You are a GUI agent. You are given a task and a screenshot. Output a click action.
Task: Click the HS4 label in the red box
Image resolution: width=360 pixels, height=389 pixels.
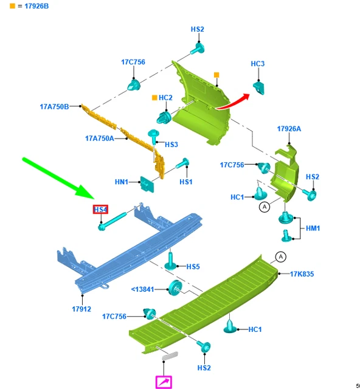100,210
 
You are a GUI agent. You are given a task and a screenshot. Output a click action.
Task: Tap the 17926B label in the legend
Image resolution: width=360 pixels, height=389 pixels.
36,6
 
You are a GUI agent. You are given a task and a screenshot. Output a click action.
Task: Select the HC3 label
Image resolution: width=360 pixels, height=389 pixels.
258,64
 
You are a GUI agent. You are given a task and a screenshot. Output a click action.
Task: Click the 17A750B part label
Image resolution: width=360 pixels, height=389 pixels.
54,107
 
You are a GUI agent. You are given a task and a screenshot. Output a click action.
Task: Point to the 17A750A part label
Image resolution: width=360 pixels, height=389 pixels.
100,138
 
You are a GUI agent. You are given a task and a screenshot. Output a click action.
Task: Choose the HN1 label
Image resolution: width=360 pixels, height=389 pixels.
122,182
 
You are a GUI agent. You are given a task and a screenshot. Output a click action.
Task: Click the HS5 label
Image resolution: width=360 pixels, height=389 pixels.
193,267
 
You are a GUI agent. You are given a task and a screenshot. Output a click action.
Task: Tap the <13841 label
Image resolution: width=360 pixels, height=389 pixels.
142,289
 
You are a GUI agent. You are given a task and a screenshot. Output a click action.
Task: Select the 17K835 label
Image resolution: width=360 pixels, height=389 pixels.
302,274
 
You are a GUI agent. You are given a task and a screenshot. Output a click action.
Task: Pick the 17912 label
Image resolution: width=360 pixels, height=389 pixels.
81,309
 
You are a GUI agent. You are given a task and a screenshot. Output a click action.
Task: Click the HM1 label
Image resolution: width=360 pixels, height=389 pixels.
313,229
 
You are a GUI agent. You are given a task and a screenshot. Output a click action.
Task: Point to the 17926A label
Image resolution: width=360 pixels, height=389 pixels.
289,129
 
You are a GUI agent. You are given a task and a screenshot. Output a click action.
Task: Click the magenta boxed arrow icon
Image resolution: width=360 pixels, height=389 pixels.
164,382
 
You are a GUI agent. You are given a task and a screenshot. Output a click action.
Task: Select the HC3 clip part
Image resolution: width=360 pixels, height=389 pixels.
258,88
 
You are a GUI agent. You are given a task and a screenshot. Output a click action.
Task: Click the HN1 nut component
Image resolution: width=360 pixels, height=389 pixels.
147,184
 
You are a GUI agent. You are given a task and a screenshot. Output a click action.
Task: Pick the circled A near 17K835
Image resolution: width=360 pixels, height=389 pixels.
281,256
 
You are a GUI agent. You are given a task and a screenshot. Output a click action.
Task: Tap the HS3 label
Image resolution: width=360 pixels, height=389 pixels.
171,145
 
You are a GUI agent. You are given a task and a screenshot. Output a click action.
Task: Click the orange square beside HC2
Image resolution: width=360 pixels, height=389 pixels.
154,98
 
